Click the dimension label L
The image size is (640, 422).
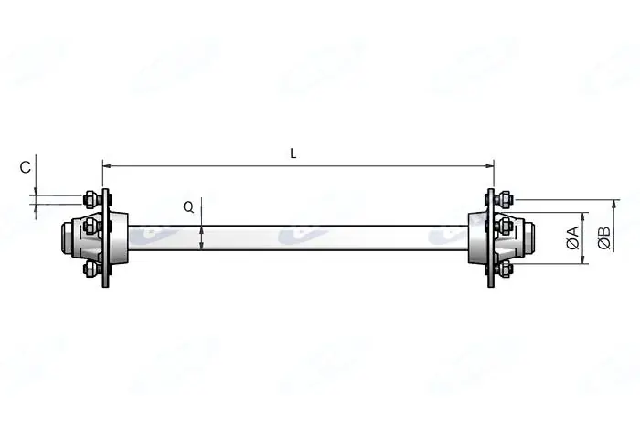(x=293, y=153)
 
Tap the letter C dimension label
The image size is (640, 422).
(x=26, y=167)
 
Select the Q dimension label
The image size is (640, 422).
(x=188, y=207)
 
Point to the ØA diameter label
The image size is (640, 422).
(x=572, y=237)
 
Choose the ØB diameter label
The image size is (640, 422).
(x=604, y=237)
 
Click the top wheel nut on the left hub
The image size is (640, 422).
(x=91, y=199)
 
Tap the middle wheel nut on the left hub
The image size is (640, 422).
(x=91, y=225)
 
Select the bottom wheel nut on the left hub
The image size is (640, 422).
(x=91, y=269)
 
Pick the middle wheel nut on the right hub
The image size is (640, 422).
(x=505, y=225)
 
